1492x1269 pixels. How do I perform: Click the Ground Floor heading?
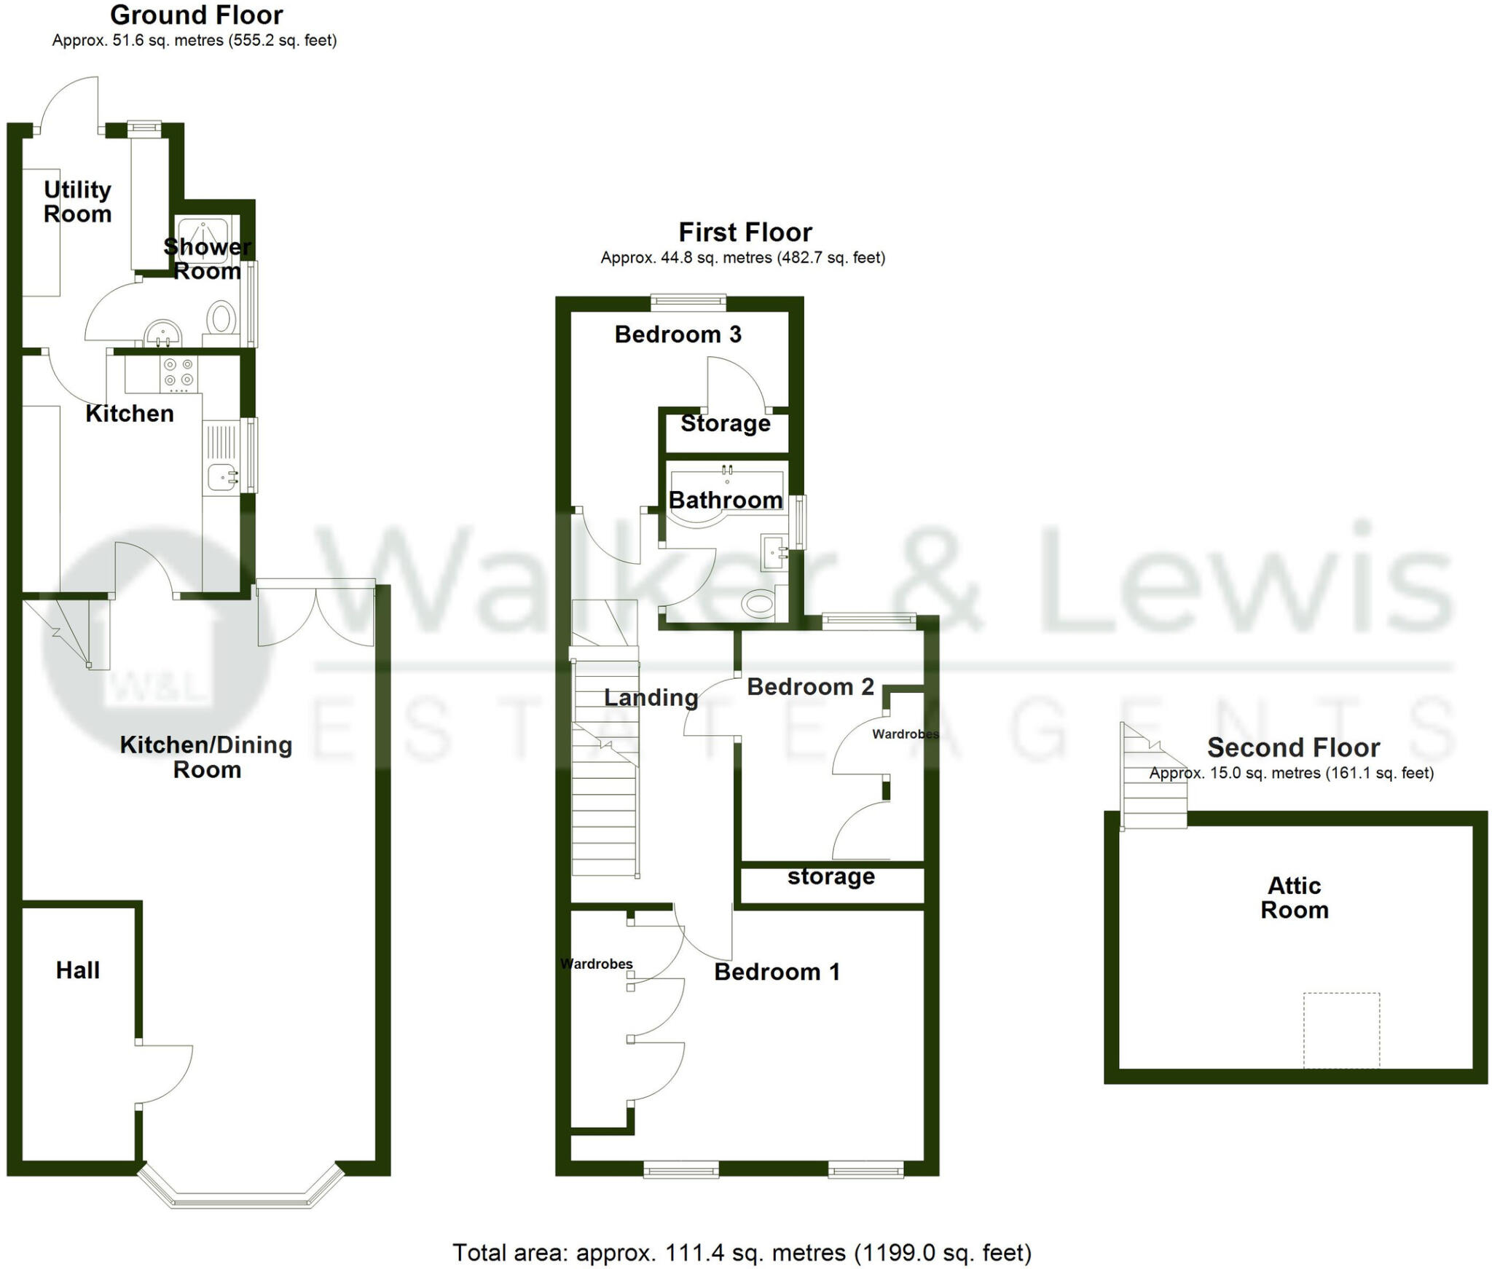(x=197, y=15)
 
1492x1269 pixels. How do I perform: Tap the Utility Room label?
(x=77, y=202)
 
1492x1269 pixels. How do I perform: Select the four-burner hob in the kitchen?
(x=178, y=372)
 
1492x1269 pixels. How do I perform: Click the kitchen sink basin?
(x=220, y=478)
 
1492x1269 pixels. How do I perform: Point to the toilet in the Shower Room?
(x=221, y=319)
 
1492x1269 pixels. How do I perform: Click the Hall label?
(x=78, y=970)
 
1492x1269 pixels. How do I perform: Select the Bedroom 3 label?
(x=678, y=334)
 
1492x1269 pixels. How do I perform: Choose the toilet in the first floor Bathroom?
(x=758, y=603)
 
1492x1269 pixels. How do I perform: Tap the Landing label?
(x=651, y=697)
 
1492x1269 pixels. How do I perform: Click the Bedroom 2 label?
(x=810, y=686)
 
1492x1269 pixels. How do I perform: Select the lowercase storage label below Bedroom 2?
(x=831, y=876)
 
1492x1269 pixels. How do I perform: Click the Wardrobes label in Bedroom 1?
(x=597, y=964)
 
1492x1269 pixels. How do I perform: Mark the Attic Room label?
(x=1295, y=897)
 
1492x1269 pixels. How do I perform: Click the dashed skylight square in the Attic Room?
(x=1341, y=1030)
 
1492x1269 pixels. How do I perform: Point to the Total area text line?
(x=742, y=1252)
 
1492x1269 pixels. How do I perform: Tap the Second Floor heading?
(x=1293, y=747)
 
